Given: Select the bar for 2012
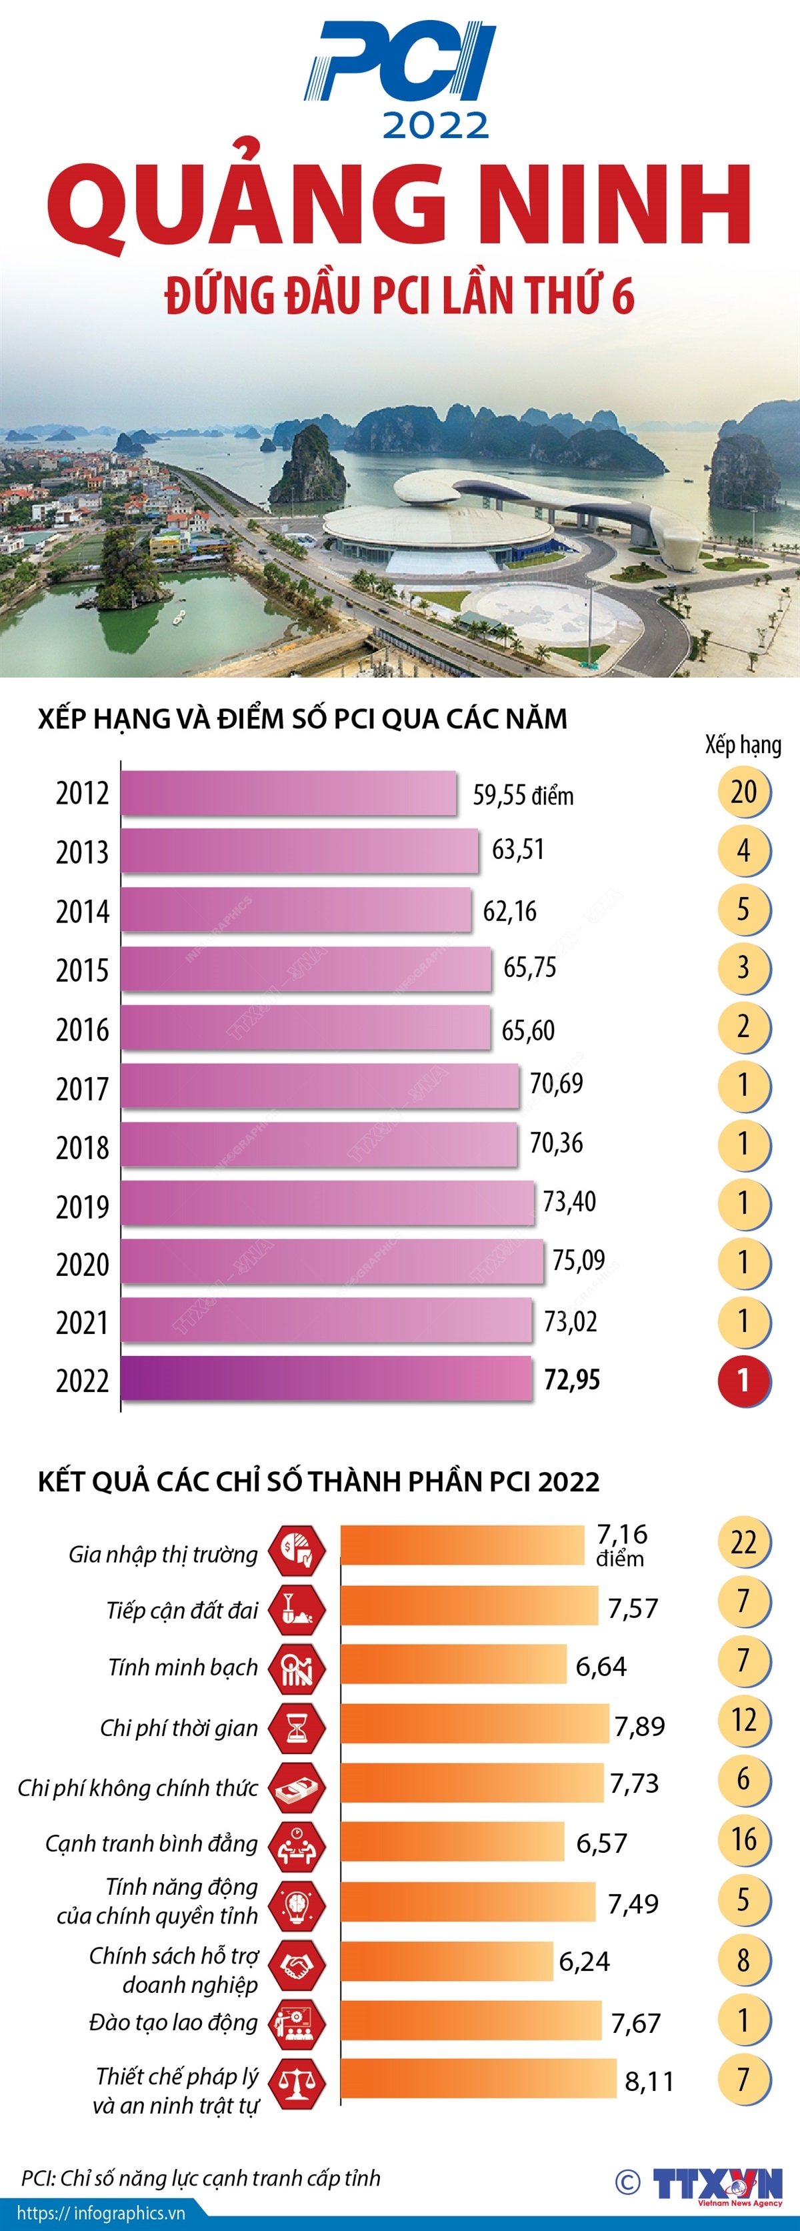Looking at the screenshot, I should pos(288,792).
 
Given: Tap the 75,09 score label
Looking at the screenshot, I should pos(579,1260).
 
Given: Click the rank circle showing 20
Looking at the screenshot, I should pos(743,792).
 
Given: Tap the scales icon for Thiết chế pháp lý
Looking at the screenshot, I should pos(297,2081).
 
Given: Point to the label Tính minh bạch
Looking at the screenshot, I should pos(183,1667).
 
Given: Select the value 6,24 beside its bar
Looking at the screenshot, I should pos(585,1962).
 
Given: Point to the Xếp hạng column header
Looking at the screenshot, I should pos(742,745).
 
